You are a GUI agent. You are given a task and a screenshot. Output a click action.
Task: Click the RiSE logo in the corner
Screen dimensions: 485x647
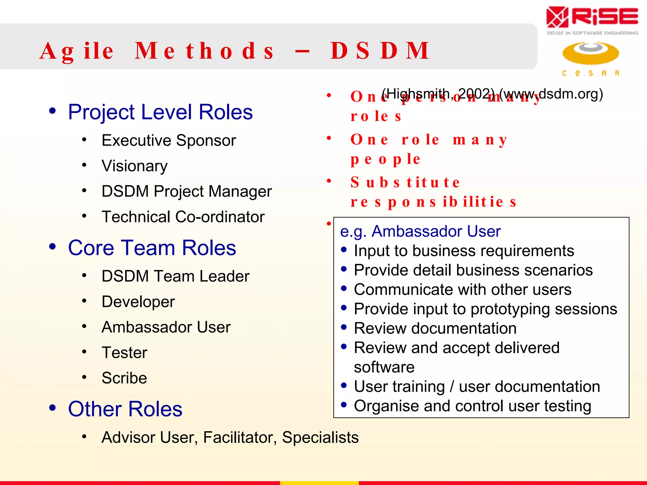(x=592, y=19)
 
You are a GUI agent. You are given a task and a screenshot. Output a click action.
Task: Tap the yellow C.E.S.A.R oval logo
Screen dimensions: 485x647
(x=590, y=53)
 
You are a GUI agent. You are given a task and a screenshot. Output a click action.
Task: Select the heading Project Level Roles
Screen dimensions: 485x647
(x=160, y=112)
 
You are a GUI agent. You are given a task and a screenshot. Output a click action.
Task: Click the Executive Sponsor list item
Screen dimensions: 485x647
(x=169, y=141)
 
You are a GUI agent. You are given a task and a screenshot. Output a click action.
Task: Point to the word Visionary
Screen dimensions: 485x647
(x=134, y=166)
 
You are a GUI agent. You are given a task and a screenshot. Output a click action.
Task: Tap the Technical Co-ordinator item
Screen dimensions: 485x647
(x=183, y=217)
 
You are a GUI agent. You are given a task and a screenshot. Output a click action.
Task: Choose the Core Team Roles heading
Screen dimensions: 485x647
(x=152, y=248)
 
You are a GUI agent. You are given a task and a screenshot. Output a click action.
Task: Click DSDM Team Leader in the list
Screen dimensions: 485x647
(x=175, y=276)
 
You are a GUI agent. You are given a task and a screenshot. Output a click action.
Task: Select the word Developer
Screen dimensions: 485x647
(x=138, y=302)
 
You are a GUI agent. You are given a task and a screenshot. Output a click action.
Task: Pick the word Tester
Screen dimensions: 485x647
(x=124, y=353)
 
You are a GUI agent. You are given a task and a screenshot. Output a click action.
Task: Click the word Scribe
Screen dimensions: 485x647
(x=124, y=378)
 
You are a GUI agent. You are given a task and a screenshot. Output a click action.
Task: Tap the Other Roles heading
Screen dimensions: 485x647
(x=125, y=409)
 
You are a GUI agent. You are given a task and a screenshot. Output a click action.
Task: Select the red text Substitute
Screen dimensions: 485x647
(x=405, y=183)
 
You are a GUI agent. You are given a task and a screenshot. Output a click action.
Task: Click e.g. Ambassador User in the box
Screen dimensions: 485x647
(x=420, y=231)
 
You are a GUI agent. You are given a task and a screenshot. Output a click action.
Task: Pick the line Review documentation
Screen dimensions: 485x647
(x=435, y=328)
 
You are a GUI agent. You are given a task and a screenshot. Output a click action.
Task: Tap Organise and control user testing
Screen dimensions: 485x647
(x=472, y=406)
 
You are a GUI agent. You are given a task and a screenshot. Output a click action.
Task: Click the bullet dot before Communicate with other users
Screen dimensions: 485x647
(x=344, y=289)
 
